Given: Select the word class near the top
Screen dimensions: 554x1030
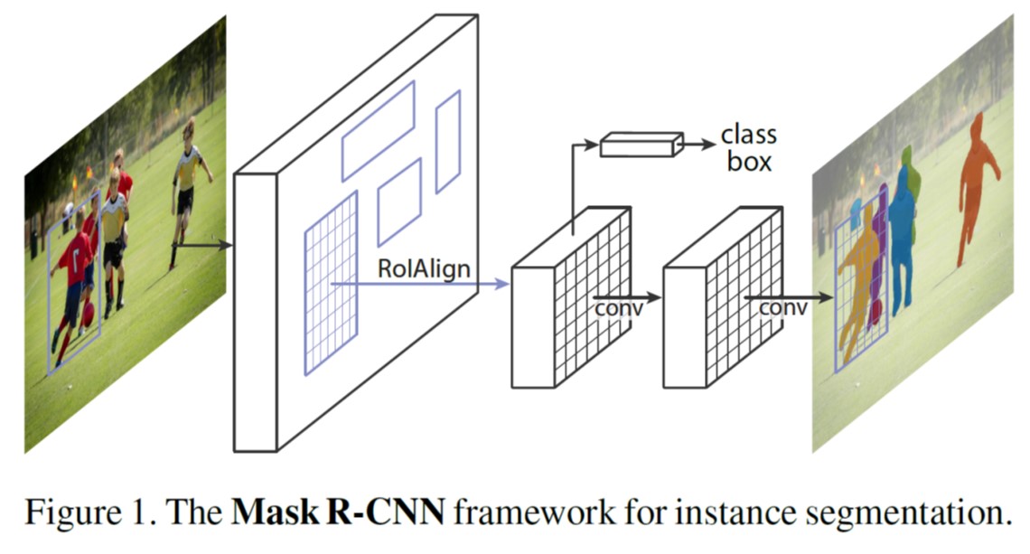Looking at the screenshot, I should [x=748, y=136].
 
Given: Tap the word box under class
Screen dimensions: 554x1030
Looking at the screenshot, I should [x=747, y=163].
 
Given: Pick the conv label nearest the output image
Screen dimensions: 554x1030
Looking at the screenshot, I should [x=782, y=309].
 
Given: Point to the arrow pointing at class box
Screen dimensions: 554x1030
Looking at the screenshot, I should [x=697, y=143].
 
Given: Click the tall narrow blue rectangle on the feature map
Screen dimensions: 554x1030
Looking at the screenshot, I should [x=448, y=142].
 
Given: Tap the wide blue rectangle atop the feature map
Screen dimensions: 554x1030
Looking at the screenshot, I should [x=378, y=131].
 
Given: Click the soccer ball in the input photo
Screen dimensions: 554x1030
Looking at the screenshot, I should [x=88, y=315].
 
